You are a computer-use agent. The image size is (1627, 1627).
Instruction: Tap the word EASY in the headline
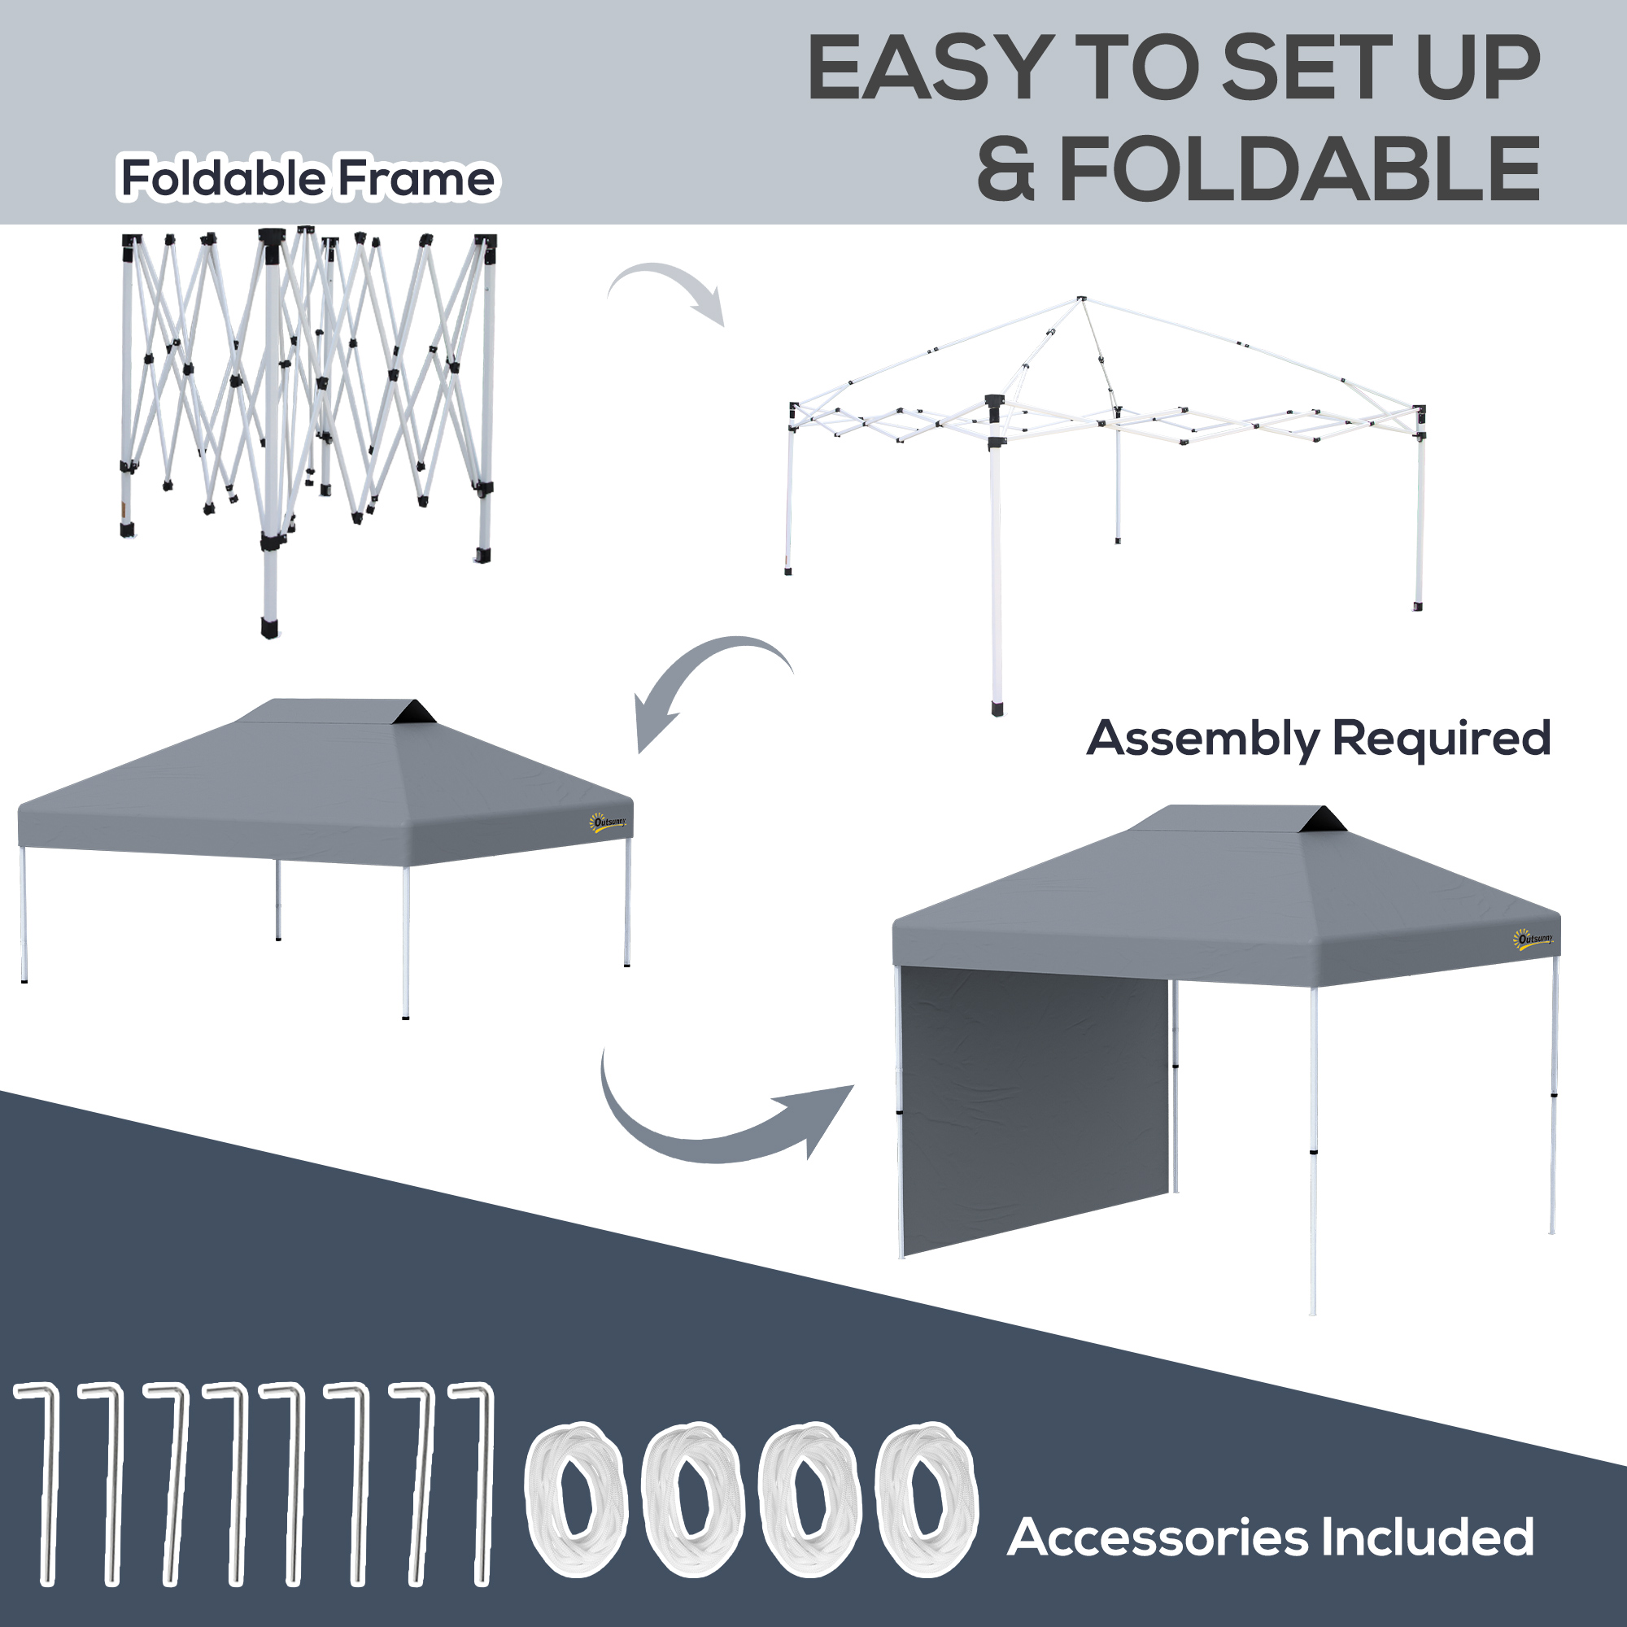pos(930,68)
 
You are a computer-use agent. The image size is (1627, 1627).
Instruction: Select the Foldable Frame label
pos(309,177)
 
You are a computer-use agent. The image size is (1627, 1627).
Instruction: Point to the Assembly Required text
pos(1319,739)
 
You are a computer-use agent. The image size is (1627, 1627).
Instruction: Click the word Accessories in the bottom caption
pos(1158,1537)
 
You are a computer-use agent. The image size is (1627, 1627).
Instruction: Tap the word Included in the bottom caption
pos(1428,1537)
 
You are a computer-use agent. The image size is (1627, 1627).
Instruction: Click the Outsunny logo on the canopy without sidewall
pos(608,822)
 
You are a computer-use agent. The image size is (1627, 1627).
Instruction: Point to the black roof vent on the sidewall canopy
pos(1322,819)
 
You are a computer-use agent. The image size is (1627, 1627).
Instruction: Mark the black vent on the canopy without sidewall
pos(413,713)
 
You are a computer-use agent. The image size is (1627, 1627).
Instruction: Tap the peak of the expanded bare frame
pos(1081,299)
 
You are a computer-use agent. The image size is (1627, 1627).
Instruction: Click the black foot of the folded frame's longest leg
pos(269,630)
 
